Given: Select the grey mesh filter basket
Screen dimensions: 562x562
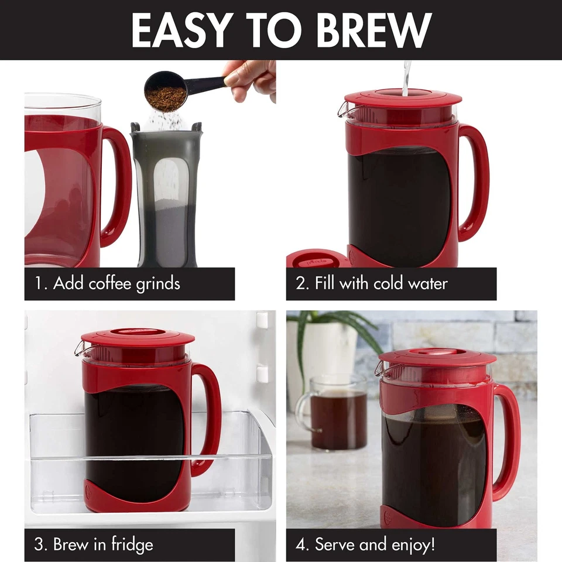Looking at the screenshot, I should pyautogui.click(x=166, y=193).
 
